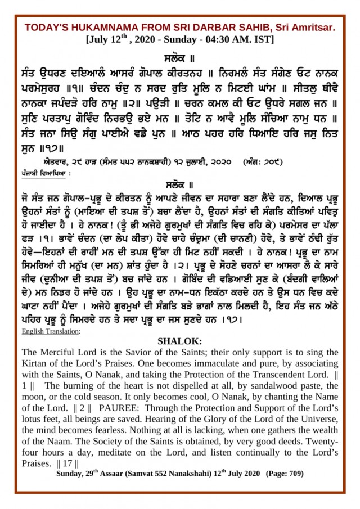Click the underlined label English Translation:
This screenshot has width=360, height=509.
(x=51, y=331)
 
